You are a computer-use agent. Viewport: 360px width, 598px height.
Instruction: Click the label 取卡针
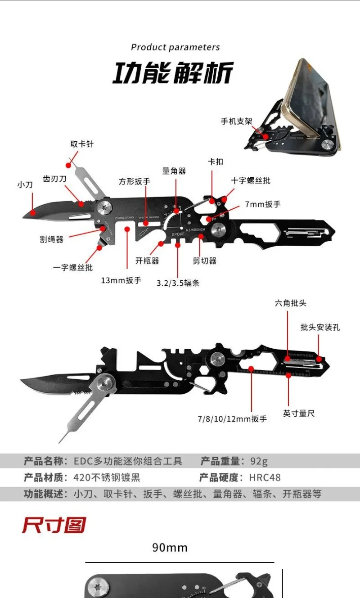click(x=82, y=144)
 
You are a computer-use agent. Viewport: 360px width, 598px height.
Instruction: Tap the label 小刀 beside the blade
click(x=25, y=184)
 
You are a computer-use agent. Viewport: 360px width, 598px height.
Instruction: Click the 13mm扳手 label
click(x=121, y=280)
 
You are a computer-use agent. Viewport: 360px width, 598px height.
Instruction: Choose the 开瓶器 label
click(x=147, y=261)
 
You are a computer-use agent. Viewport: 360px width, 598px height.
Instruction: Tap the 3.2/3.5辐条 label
click(x=178, y=283)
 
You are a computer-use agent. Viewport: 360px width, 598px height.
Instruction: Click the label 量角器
click(x=174, y=171)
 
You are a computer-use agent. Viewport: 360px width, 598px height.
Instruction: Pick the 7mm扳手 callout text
click(x=263, y=204)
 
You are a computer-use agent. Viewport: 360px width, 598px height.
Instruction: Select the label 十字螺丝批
click(x=251, y=180)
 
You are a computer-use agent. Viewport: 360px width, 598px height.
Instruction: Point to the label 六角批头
click(x=291, y=303)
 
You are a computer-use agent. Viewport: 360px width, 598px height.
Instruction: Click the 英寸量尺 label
click(x=299, y=414)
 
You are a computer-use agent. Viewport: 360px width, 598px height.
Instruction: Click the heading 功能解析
click(x=173, y=73)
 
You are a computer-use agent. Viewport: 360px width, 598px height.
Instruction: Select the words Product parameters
click(x=175, y=47)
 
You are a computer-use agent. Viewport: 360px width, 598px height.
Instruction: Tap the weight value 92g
click(x=259, y=461)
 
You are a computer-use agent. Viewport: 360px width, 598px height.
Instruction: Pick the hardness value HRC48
click(x=265, y=477)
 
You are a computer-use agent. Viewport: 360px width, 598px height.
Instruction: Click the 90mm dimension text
click(x=170, y=548)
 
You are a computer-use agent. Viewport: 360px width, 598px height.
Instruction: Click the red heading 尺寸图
click(x=54, y=525)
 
